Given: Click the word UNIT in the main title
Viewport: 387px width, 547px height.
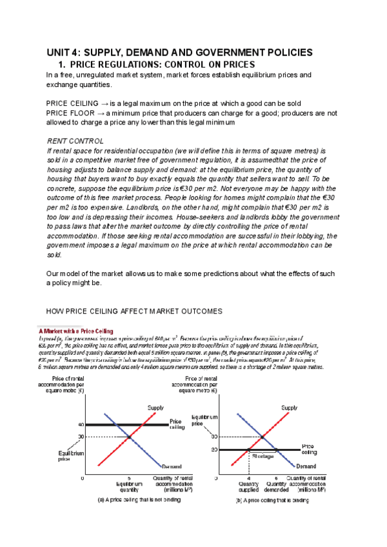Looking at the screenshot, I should (59, 52).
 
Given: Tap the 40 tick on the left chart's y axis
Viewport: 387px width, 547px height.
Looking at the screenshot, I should (81, 424).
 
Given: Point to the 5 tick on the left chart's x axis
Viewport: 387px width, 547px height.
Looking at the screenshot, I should (130, 478).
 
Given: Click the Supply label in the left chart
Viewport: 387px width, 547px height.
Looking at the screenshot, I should (156, 407).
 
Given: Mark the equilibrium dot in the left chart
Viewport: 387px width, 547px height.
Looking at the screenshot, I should (130, 437).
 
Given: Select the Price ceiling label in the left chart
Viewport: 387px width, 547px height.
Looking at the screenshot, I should (177, 424).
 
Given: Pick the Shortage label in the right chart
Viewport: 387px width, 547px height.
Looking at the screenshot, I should (263, 456).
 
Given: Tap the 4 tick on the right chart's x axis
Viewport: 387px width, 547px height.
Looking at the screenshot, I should (249, 478).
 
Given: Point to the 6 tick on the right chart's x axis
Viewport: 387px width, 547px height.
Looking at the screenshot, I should (276, 478).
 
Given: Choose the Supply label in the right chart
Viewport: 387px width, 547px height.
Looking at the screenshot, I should (290, 407).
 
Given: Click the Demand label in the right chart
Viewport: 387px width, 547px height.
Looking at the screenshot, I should (306, 466).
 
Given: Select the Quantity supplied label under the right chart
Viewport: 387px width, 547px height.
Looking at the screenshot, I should (248, 486).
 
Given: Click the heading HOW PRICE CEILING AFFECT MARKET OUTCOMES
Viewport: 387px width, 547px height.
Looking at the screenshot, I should (135, 311).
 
